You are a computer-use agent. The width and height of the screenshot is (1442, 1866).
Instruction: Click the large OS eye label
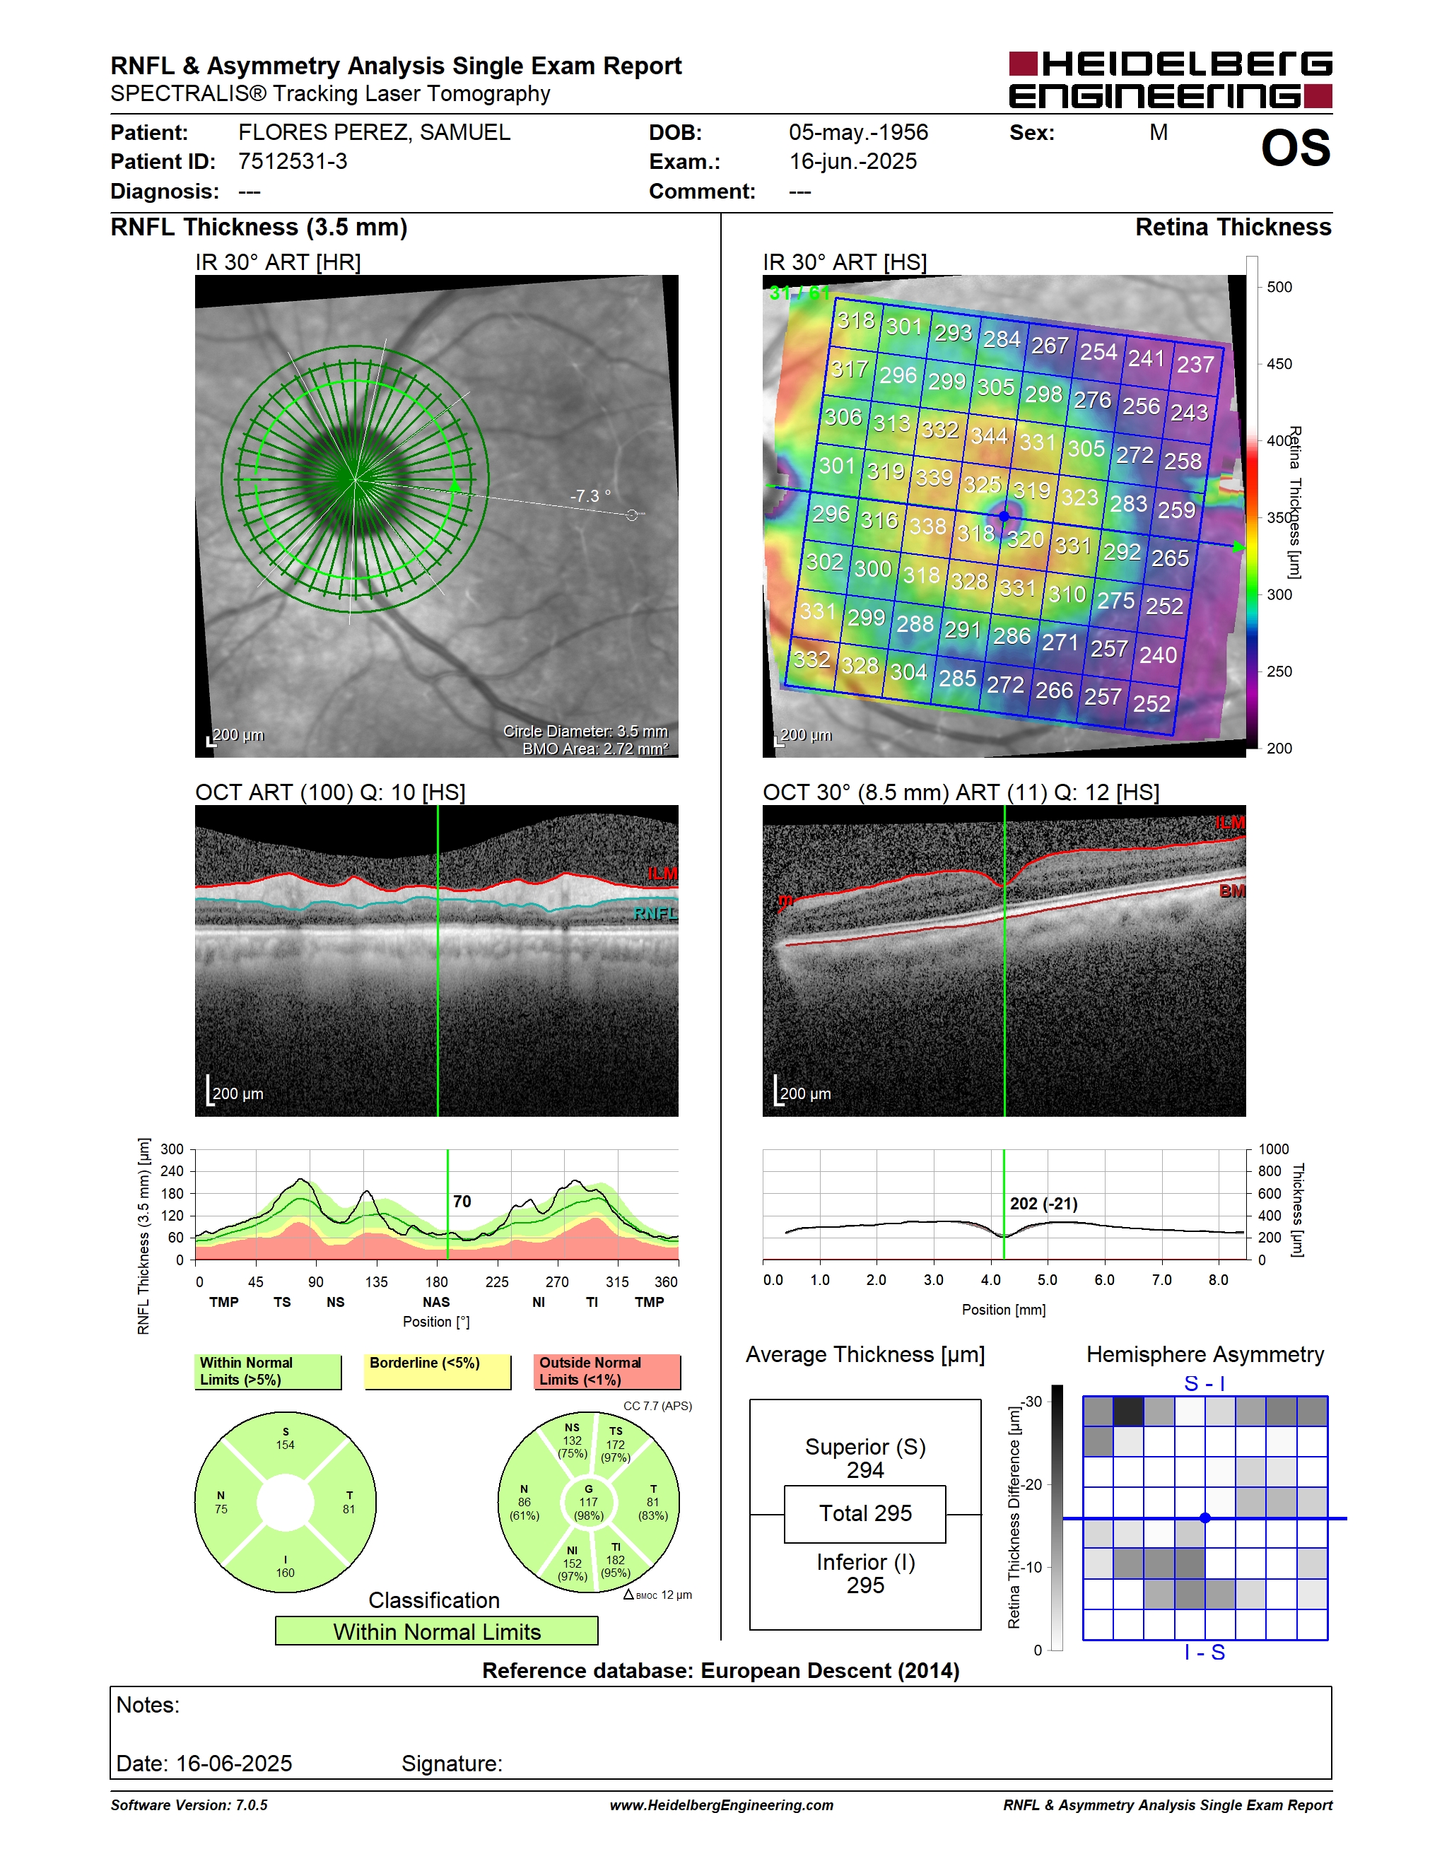coord(1295,148)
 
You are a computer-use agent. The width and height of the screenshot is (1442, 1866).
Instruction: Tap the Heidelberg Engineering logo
coord(1171,81)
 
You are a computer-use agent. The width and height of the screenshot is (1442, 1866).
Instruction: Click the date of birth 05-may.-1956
coord(857,132)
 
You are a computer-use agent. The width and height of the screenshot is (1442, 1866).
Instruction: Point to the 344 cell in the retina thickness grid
coord(988,435)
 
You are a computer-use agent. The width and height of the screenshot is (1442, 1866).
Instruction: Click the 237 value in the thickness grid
coord(1195,365)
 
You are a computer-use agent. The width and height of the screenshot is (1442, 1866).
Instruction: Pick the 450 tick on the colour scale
coord(1279,364)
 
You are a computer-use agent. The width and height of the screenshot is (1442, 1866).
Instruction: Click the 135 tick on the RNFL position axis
coord(376,1281)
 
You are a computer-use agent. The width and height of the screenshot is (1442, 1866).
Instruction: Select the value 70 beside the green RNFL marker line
coord(462,1202)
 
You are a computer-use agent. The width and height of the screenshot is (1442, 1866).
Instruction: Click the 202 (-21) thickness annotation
coord(1044,1204)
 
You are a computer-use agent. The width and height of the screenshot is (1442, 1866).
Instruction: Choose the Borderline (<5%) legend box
coord(438,1371)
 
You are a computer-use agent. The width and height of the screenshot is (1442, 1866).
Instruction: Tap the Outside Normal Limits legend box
coord(607,1371)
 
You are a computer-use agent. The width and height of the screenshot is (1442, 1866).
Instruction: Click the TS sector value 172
coord(615,1445)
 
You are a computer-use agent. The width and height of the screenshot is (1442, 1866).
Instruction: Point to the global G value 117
coord(589,1502)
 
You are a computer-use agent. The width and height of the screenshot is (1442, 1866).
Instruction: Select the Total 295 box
coord(864,1514)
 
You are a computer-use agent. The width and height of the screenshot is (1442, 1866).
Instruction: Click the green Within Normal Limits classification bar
coord(437,1631)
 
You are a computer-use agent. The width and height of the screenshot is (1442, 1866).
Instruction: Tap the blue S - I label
coord(1204,1383)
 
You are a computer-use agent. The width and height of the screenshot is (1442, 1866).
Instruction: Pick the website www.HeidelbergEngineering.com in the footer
coord(721,1805)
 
